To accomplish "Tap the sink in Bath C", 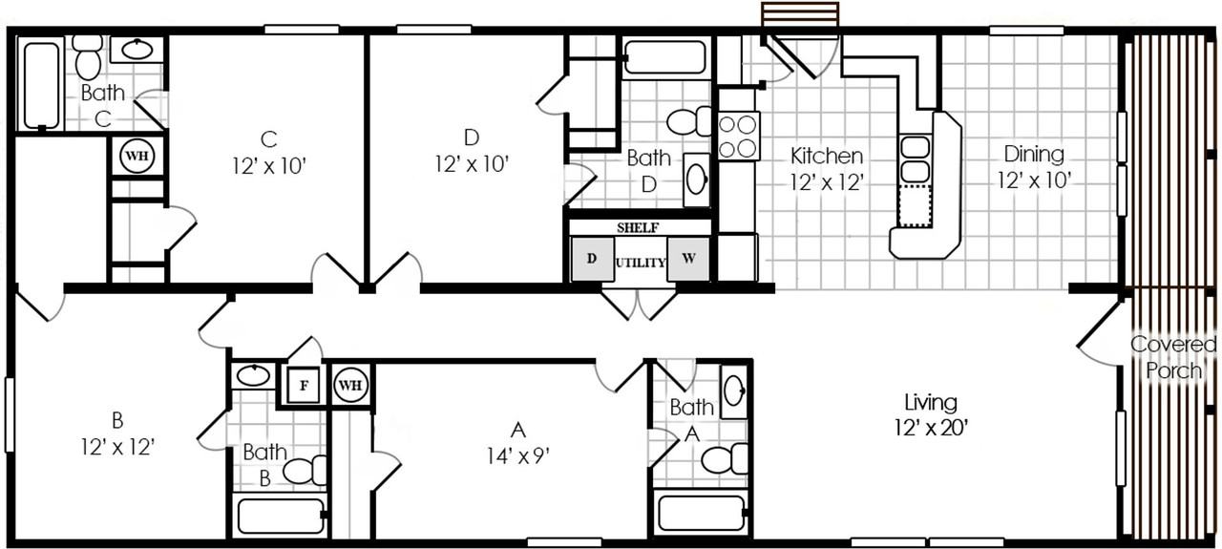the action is [137, 50].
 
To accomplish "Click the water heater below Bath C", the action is [137, 156].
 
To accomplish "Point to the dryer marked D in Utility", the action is [592, 259].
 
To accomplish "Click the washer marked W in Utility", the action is [688, 259].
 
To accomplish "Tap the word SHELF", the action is [637, 227].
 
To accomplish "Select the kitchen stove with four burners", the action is [739, 136].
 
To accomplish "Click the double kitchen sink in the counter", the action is [915, 158].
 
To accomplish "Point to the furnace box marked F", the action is [304, 386].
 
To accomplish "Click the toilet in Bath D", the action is [689, 121].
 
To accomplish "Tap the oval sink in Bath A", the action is [734, 391].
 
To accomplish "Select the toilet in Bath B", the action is [305, 471].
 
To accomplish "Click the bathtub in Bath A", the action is [701, 514].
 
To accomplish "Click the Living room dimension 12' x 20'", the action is [931, 428].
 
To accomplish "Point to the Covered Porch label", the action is [1173, 357].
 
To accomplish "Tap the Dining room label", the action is [1034, 154].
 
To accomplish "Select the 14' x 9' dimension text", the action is [517, 455].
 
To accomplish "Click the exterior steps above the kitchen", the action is [800, 13].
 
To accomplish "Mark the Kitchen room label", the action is [827, 156].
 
